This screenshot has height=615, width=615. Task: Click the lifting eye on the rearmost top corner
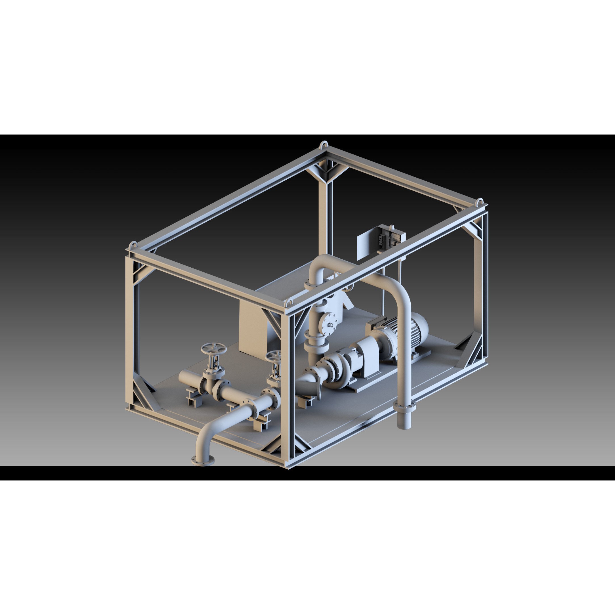click(324, 145)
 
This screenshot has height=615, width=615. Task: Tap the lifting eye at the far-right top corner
click(480, 202)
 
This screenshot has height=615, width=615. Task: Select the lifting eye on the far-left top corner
click(133, 245)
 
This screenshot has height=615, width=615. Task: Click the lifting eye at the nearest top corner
click(290, 302)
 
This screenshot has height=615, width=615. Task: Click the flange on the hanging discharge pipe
click(405, 406)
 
